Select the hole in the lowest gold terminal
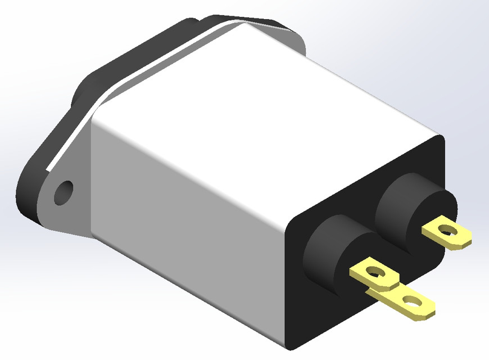point(414,303)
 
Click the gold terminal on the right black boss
point(447,232)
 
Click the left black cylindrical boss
point(329,253)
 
